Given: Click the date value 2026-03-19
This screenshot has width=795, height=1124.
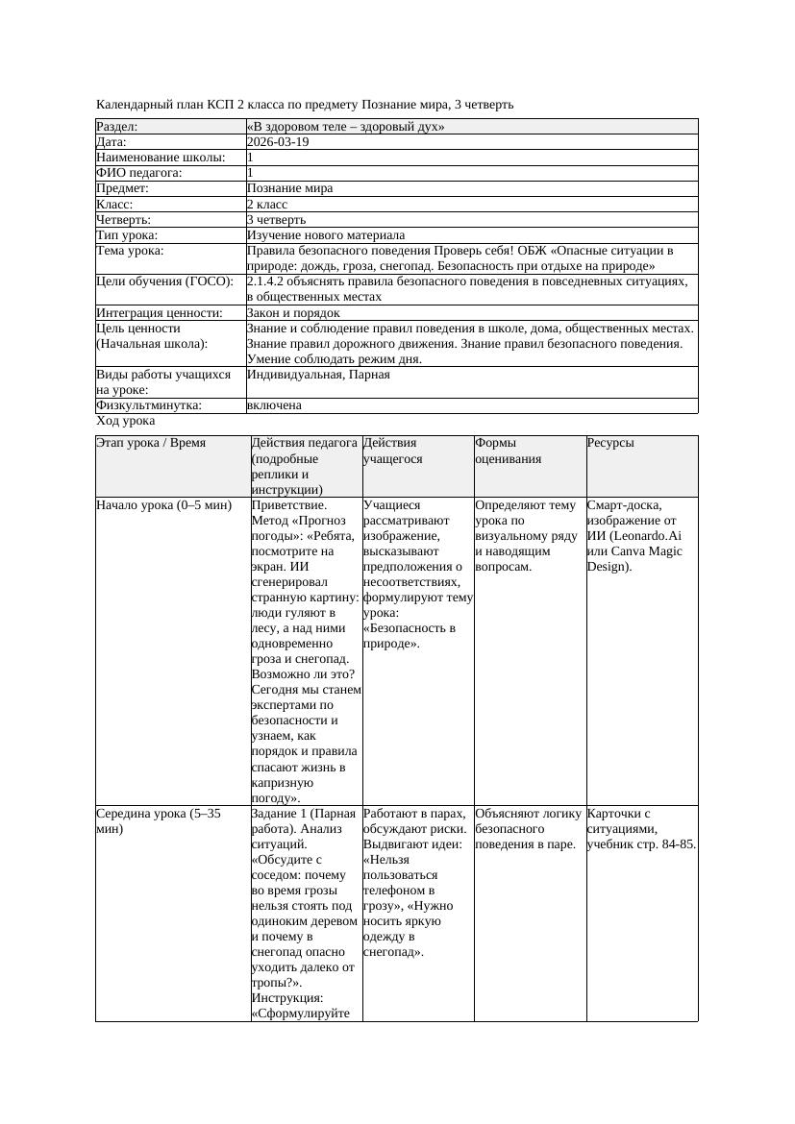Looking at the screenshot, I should (x=278, y=142).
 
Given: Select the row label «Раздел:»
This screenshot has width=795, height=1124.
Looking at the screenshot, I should (x=117, y=127).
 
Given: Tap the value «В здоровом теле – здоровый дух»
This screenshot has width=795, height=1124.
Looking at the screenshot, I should (x=345, y=127).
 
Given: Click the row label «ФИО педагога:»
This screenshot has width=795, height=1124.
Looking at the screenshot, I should (x=139, y=173).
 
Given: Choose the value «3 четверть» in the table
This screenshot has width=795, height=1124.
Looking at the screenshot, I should (x=276, y=220).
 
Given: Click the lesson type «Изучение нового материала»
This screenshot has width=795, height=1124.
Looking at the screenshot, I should (x=326, y=235).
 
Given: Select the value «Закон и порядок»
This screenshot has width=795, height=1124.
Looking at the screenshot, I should (x=293, y=313).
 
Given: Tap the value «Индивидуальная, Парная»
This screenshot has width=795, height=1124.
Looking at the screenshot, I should (x=318, y=375).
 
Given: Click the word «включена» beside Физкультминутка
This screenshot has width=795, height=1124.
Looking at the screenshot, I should (x=274, y=405).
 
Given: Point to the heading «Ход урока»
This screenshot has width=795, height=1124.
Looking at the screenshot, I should (x=126, y=421).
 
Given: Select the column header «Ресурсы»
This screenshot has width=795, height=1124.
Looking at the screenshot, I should (x=610, y=444).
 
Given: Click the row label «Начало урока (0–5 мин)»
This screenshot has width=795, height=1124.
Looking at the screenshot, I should (x=164, y=505).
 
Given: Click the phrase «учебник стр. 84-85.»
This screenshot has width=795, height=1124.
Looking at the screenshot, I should (x=641, y=844).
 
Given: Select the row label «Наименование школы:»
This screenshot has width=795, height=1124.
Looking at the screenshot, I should (x=161, y=158).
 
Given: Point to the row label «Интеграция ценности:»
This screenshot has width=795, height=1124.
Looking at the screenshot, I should (x=160, y=313).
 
